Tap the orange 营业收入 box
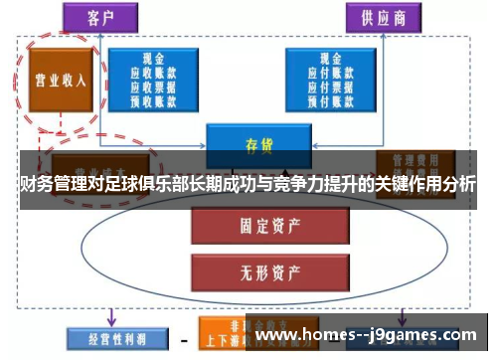(61, 80)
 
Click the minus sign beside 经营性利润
(183, 337)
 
